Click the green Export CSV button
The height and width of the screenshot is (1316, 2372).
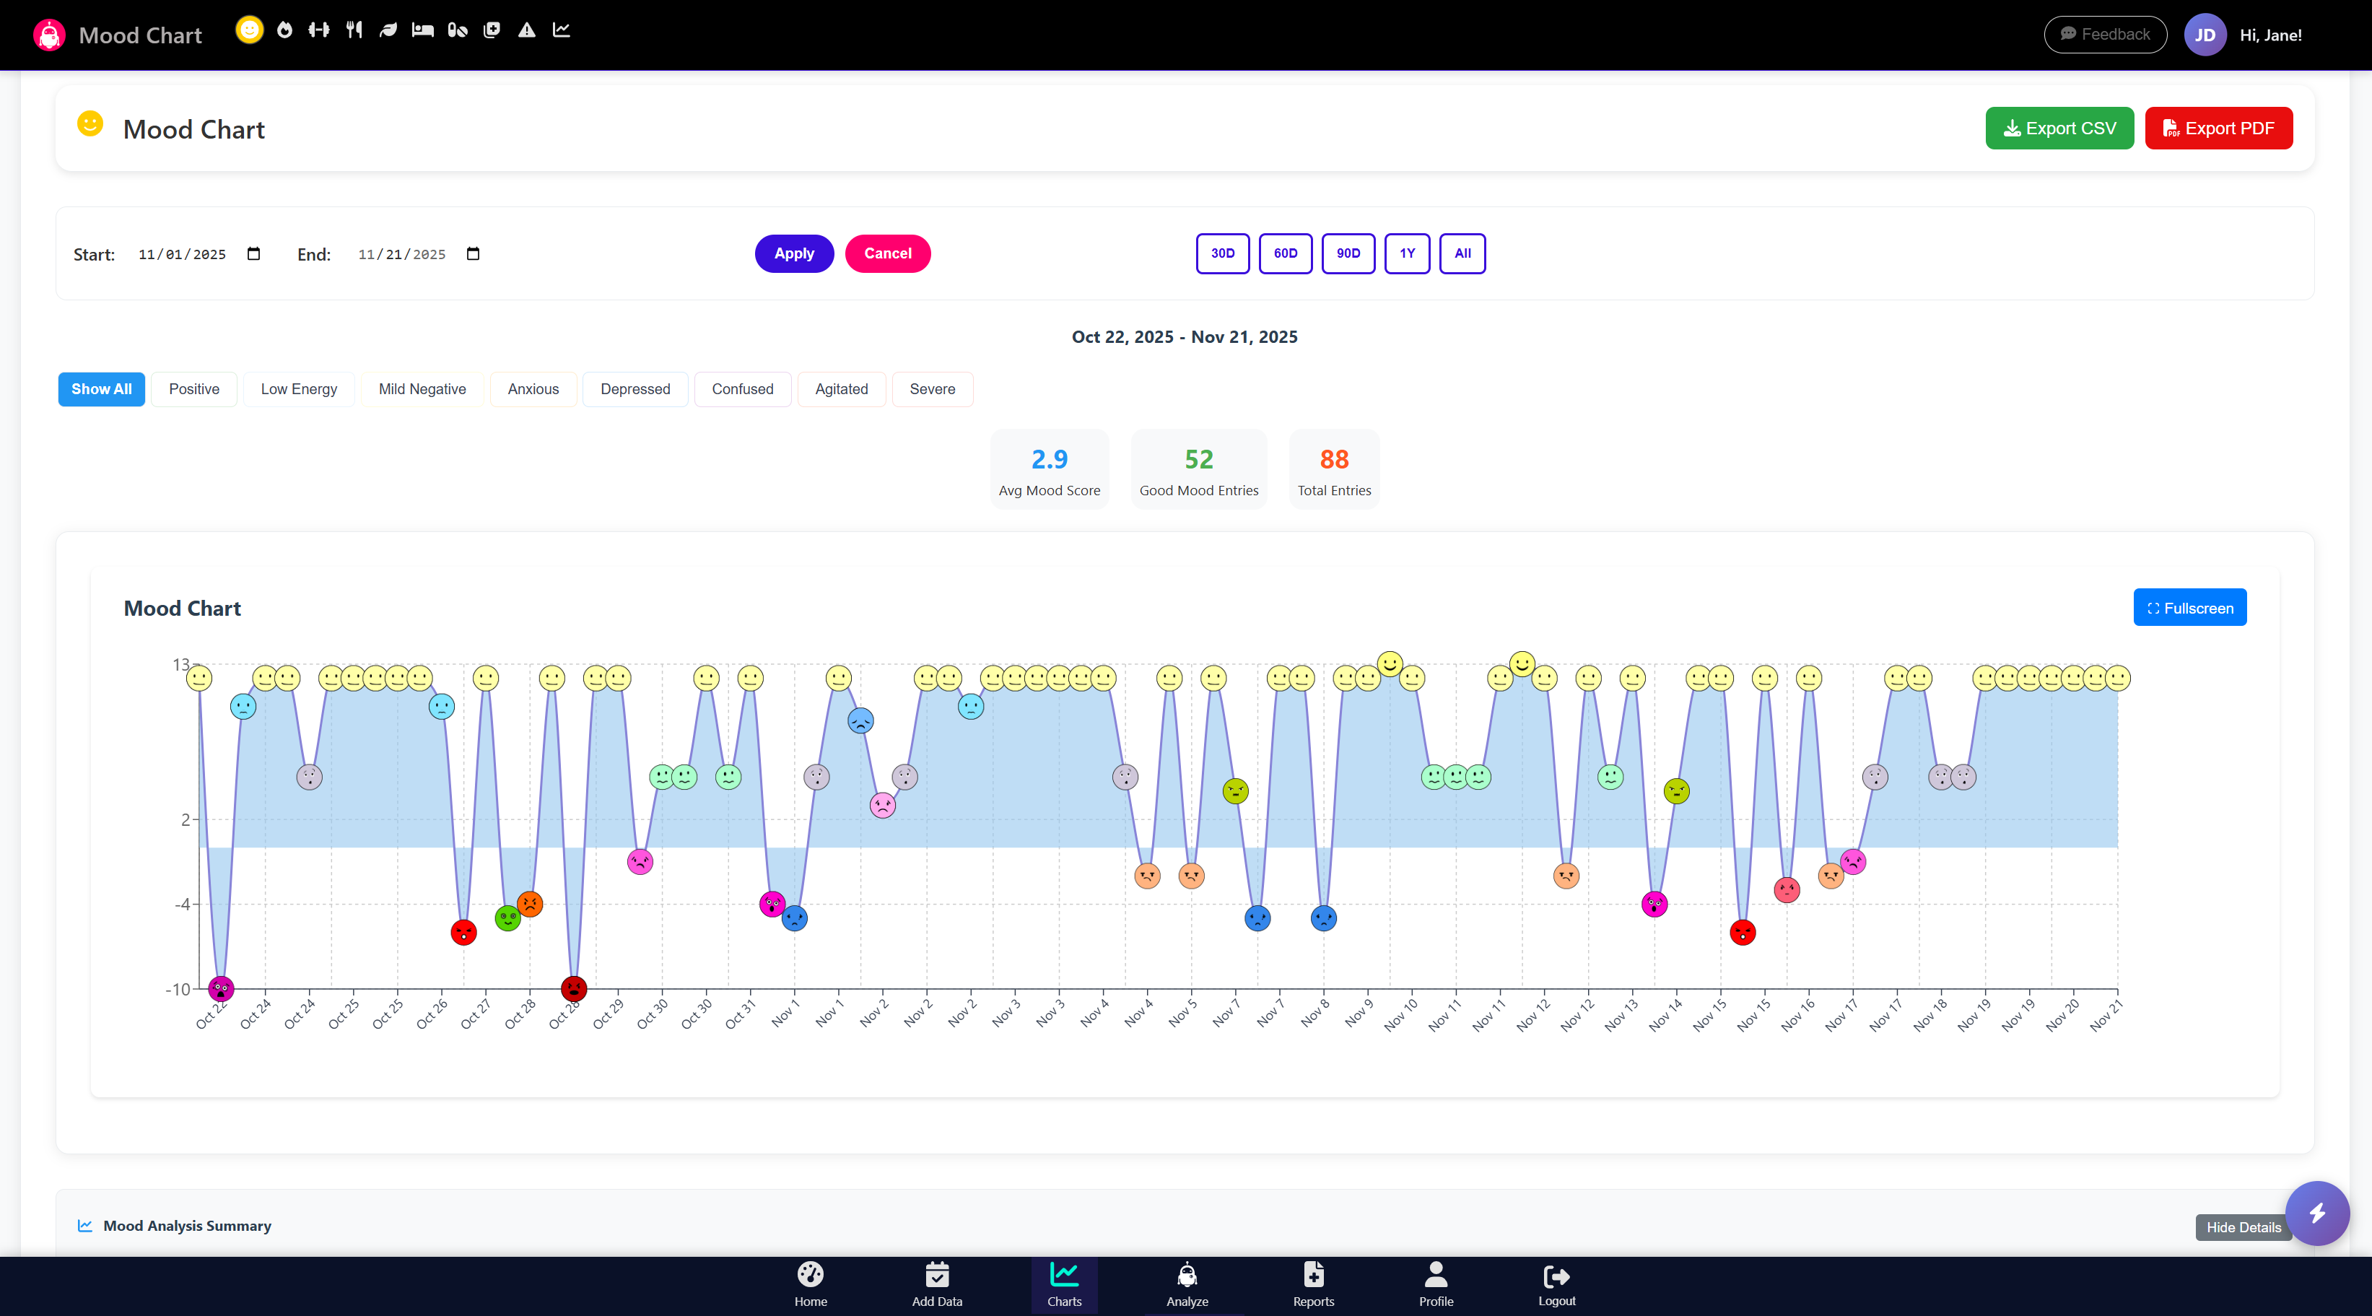[2059, 128]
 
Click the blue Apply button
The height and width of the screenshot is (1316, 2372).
[794, 253]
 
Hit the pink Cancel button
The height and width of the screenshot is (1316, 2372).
[886, 253]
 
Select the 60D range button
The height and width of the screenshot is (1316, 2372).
[1284, 253]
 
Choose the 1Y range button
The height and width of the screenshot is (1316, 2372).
[1406, 253]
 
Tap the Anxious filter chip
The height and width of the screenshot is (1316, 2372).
[532, 388]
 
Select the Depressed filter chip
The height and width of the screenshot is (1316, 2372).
[635, 388]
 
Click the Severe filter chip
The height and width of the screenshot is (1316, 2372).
[932, 388]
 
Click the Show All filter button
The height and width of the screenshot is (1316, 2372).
[101, 388]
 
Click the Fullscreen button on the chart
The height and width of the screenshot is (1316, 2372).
[2189, 608]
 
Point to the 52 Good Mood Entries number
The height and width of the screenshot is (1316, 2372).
[1198, 458]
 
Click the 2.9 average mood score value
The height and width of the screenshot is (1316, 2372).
[1049, 458]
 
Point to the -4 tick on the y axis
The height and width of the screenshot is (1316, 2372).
[183, 905]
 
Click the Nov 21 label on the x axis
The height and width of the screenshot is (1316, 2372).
[2106, 1015]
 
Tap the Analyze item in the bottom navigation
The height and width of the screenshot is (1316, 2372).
[1186, 1284]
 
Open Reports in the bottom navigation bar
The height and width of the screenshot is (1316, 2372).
[1312, 1284]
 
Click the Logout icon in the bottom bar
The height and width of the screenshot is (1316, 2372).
[1556, 1276]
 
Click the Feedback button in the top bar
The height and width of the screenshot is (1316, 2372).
[2104, 34]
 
